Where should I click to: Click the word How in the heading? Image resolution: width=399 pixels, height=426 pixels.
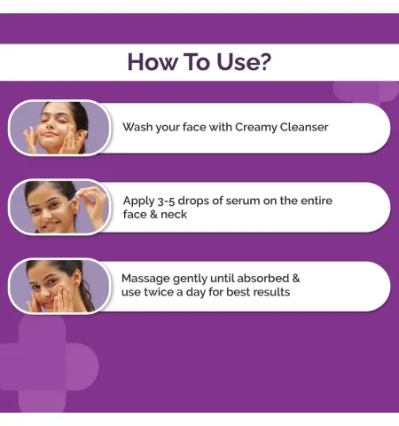[152, 61]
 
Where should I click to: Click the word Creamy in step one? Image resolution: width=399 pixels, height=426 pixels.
[256, 128]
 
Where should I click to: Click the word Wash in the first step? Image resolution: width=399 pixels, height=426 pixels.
[137, 127]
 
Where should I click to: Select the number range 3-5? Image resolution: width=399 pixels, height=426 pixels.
[166, 201]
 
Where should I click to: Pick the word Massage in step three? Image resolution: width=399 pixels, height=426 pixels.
[145, 279]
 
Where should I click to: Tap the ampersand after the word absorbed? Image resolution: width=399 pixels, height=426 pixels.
[296, 279]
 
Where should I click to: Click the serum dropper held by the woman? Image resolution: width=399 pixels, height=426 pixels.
[73, 199]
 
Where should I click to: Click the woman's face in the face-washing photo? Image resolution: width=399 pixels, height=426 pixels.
[56, 126]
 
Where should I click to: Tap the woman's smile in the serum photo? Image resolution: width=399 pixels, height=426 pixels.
[51, 225]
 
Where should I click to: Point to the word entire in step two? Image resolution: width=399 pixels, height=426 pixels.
[317, 201]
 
